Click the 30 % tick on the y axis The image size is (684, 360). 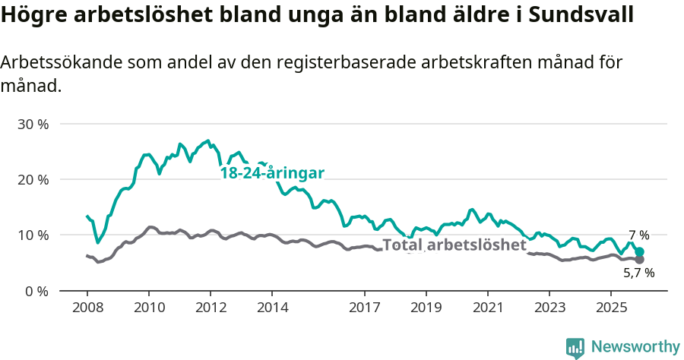pos(32,124)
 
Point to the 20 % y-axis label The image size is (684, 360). pos(32,179)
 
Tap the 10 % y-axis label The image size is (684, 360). pos(32,235)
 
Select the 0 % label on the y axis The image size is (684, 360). pos(36,291)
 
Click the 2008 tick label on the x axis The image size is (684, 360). pos(87,308)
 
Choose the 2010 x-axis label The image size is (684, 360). pos(148,308)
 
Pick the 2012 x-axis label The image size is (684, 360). pos(211,308)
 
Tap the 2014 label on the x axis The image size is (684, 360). pos(272,308)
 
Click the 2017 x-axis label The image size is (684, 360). pos(365,308)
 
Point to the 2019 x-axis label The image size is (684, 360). pos(426,308)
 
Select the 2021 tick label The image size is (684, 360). pos(488,308)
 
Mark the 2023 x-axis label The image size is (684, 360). pos(549,308)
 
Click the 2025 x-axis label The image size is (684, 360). pos(611,308)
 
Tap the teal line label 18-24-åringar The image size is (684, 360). pos(272,173)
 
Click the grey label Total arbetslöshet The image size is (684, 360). pos(454,245)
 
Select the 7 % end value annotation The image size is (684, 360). pos(638,235)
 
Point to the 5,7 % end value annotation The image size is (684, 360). pos(638,273)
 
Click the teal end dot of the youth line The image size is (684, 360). pos(640,251)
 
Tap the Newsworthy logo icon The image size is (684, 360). pos(575,348)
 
